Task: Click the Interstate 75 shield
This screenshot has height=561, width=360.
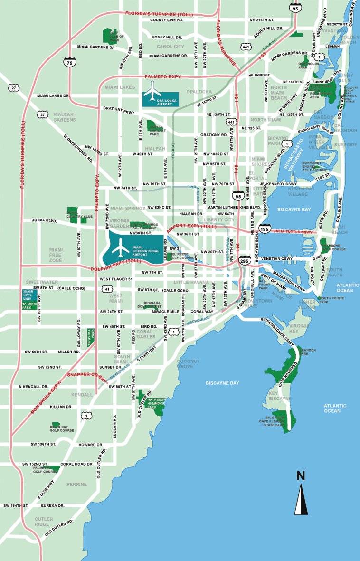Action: [x=70, y=62]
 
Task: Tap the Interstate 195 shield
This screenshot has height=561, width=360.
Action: [x=265, y=229]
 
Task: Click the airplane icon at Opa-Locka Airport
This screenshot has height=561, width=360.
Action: [x=153, y=92]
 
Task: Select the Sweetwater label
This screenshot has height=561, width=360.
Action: [x=38, y=282]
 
